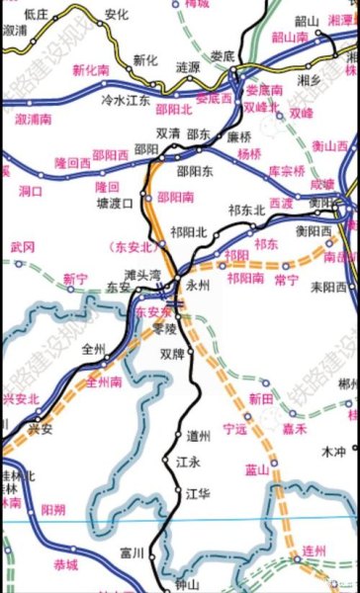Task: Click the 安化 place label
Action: click(x=117, y=15)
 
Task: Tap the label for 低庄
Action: click(x=37, y=15)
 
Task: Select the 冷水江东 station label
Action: click(x=126, y=100)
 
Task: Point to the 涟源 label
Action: click(x=187, y=67)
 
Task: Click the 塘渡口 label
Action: click(x=115, y=204)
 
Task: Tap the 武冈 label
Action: click(x=23, y=245)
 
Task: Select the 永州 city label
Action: click(x=199, y=285)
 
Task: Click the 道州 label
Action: click(x=198, y=436)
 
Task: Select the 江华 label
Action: click(x=198, y=492)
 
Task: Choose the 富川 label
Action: click(x=131, y=551)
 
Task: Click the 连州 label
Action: click(x=314, y=550)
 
